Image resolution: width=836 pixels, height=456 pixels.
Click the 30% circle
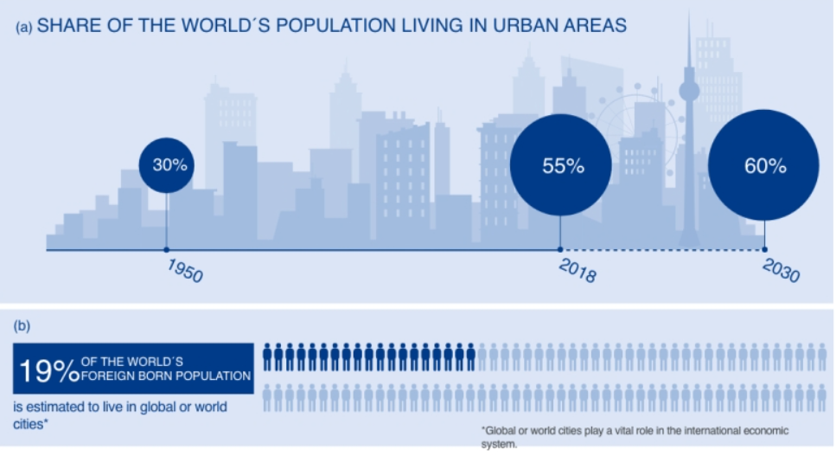click(167, 164)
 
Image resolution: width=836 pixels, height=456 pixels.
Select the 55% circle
click(560, 164)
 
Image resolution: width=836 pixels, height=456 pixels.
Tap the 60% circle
click(763, 165)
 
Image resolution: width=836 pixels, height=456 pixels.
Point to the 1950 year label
click(184, 270)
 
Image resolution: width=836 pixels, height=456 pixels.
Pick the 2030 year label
click(781, 271)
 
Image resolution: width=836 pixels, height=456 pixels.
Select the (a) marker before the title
click(24, 27)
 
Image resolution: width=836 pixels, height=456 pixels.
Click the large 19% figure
click(47, 369)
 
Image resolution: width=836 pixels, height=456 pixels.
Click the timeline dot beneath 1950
click(166, 250)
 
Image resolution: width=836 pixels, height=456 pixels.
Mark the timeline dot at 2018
click(560, 250)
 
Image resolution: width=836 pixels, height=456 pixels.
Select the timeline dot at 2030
click(763, 250)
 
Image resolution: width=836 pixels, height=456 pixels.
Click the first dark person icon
click(268, 356)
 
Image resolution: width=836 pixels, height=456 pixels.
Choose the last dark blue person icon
click(470, 356)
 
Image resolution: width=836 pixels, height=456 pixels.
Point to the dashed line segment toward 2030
click(661, 250)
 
